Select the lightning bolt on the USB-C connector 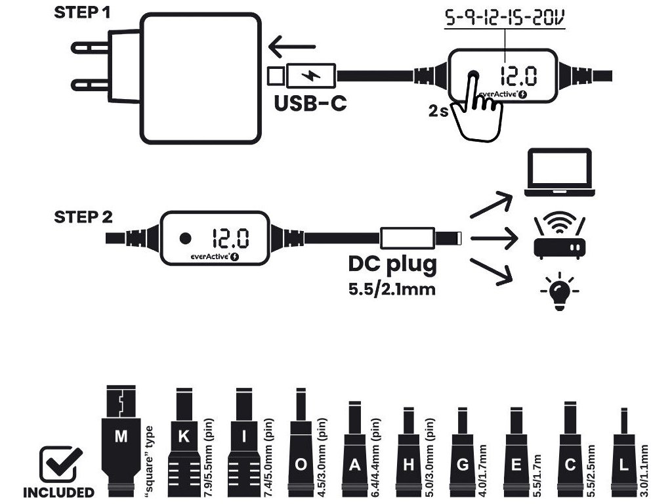click(x=311, y=75)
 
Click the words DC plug click(x=392, y=266)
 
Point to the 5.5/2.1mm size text click(x=392, y=289)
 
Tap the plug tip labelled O click(x=301, y=453)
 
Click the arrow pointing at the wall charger click(x=293, y=47)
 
